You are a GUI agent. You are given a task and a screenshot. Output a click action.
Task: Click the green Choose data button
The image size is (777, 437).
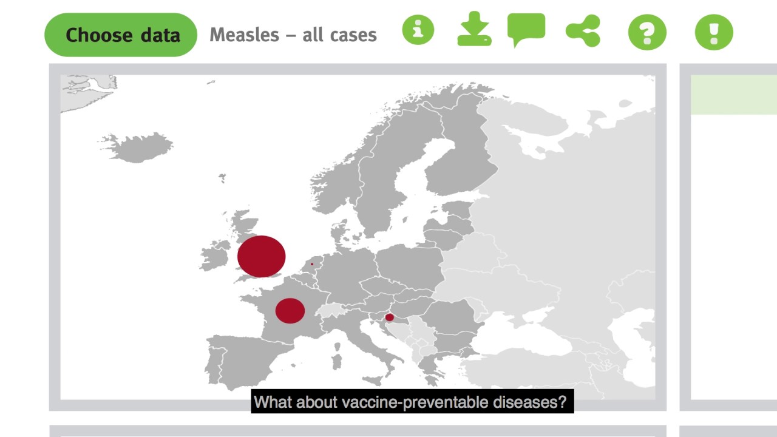coord(121,35)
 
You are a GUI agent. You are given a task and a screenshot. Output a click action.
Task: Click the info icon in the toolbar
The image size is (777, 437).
coord(418,30)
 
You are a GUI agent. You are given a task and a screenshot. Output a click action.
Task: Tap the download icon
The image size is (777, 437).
coord(474,30)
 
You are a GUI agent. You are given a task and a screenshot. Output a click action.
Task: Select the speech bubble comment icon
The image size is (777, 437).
coord(526,29)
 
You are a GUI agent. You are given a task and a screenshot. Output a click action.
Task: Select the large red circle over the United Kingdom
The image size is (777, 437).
coord(261,256)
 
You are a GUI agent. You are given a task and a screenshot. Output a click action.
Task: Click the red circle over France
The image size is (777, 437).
coord(290,310)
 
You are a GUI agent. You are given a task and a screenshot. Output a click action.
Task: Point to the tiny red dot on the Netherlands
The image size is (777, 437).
coord(312,264)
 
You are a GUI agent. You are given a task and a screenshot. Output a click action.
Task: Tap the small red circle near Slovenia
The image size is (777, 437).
coord(390,317)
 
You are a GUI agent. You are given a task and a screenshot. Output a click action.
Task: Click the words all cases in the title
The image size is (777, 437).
coord(339,35)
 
